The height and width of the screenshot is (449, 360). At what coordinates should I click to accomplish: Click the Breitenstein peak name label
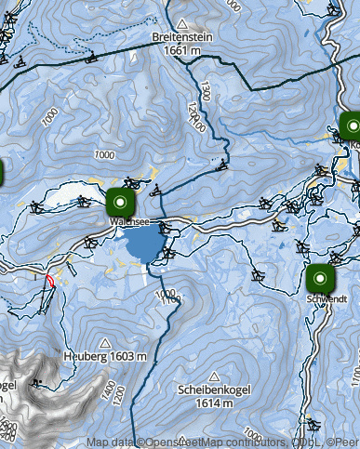[183, 38]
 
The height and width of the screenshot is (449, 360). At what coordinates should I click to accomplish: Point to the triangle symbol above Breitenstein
[183, 23]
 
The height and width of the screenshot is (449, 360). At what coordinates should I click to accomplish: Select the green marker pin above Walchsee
[120, 201]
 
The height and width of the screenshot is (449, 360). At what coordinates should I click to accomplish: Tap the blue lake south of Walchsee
[142, 246]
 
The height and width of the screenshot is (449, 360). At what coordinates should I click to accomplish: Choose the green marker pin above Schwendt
[320, 278]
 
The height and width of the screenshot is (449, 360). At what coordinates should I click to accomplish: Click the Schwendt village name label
[326, 299]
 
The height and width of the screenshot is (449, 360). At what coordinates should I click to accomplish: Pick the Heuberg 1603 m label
[105, 356]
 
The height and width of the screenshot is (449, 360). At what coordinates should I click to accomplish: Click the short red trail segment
[49, 280]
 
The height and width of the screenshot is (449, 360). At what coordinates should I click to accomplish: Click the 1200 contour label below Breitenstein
[193, 116]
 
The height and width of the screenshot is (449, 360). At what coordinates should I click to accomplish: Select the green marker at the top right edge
[351, 125]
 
